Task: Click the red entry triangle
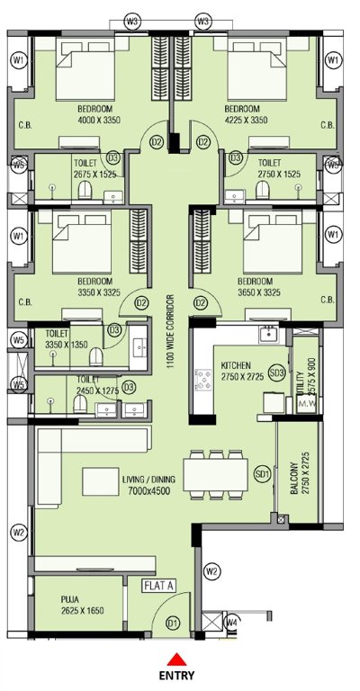pyautogui.click(x=179, y=657)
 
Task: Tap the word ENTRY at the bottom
pyautogui.click(x=179, y=676)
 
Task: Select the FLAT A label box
pyautogui.click(x=158, y=586)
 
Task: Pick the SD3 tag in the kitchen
pyautogui.click(x=277, y=372)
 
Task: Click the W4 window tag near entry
pyautogui.click(x=231, y=621)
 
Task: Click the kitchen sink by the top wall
pyautogui.click(x=267, y=334)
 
